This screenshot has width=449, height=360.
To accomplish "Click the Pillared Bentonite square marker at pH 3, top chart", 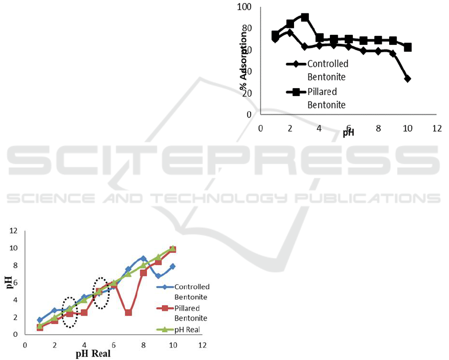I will click(304, 17).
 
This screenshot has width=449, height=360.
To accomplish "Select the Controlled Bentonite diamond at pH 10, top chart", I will click(408, 79).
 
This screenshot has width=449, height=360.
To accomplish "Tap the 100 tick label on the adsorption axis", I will click(245, 7).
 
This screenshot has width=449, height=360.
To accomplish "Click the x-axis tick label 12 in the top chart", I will click(437, 128).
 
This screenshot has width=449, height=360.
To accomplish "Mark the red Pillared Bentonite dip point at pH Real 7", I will click(129, 313).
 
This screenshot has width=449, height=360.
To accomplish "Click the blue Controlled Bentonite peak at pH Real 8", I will click(143, 258).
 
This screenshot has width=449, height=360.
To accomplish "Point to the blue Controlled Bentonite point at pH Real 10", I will click(172, 266).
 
